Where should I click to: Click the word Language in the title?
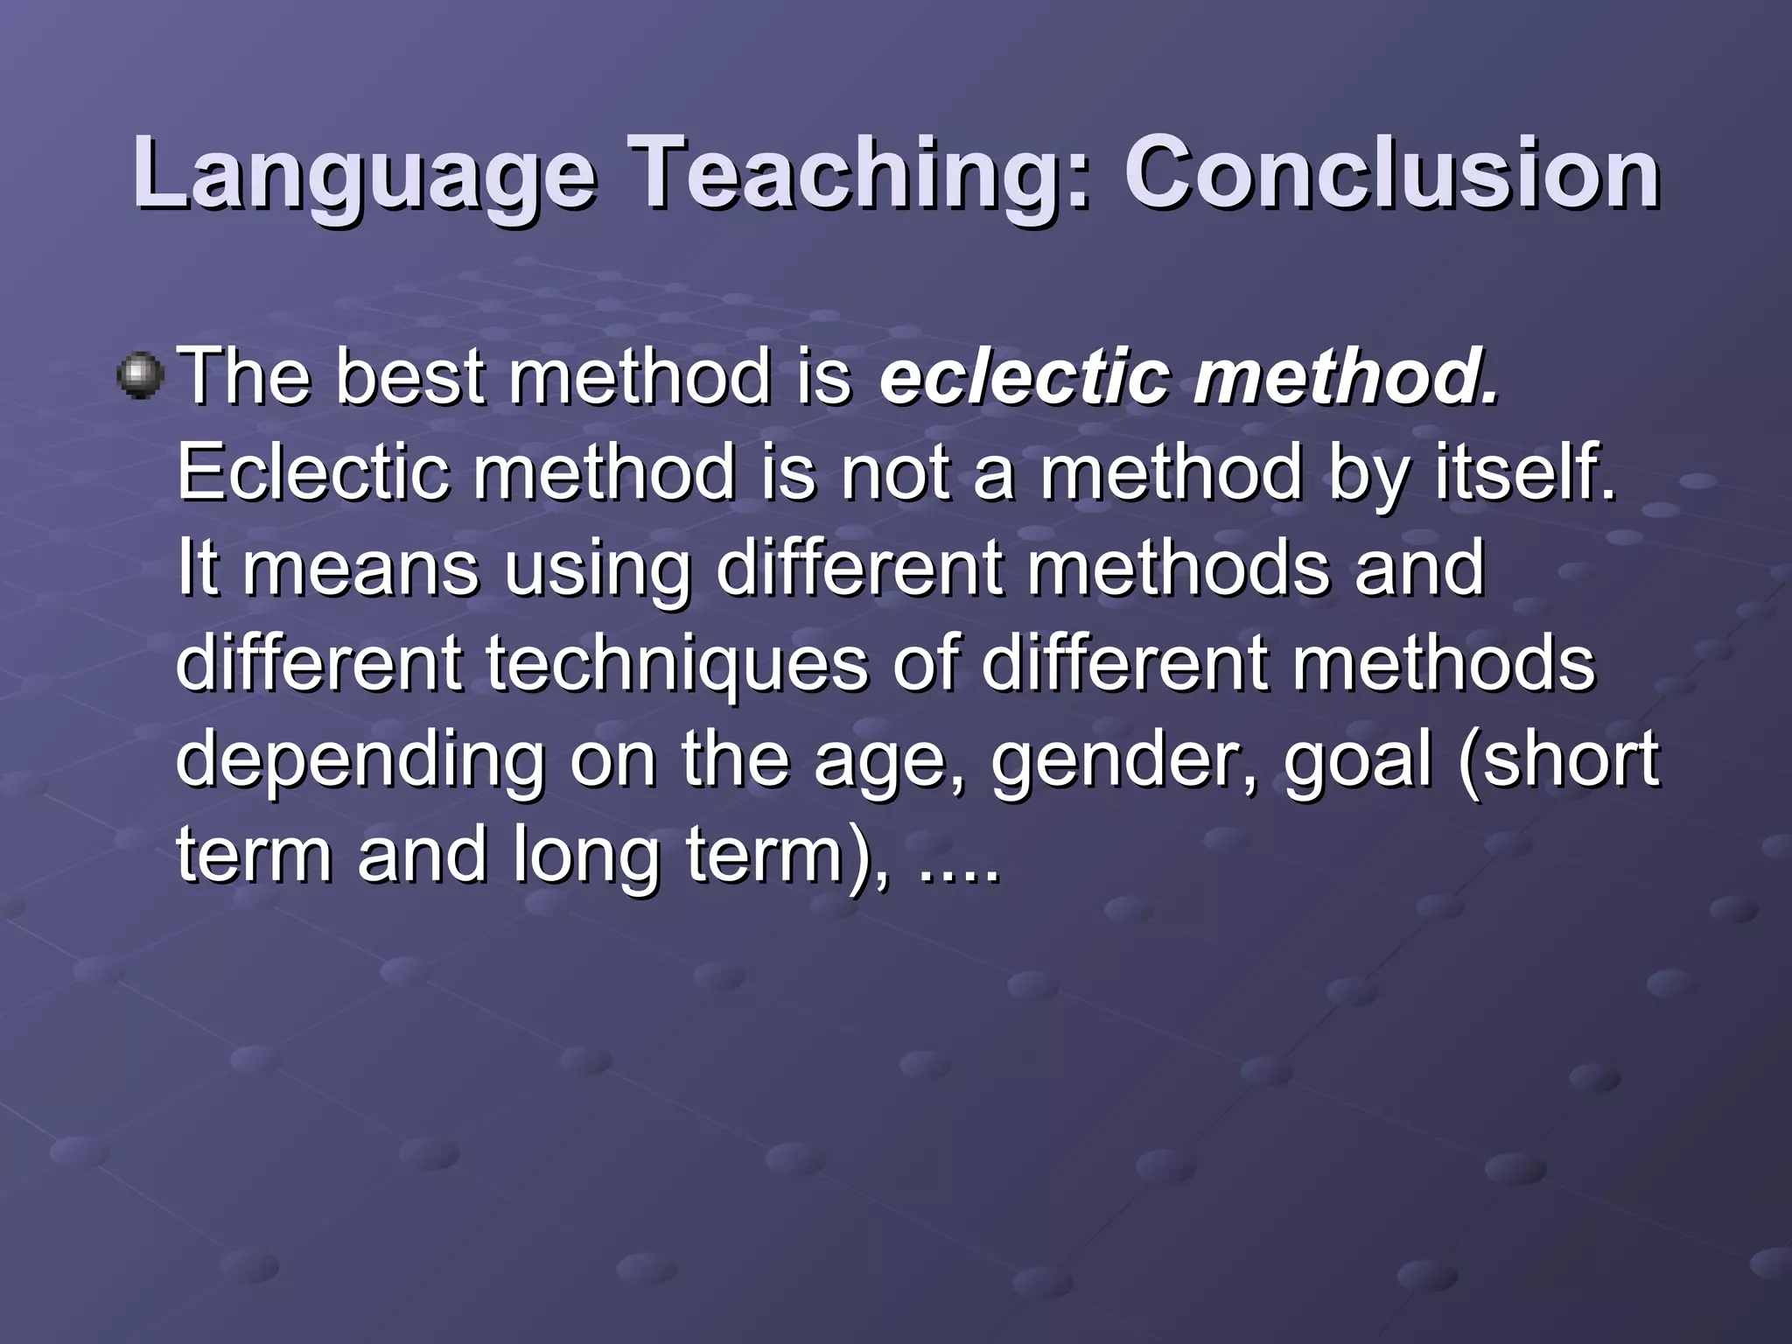coord(365,175)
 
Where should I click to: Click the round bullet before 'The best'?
coord(140,376)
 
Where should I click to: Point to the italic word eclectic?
coord(1025,378)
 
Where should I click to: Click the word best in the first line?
coord(410,378)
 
